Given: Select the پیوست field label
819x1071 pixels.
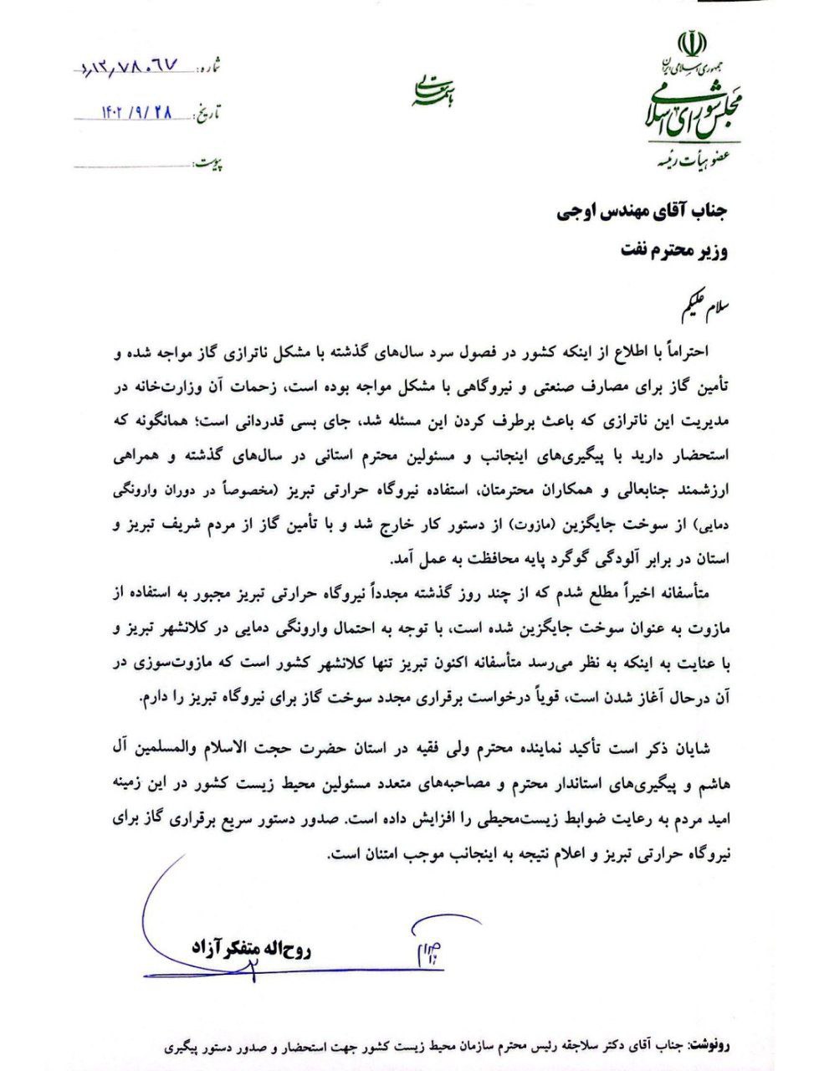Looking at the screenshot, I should coord(210,159).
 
